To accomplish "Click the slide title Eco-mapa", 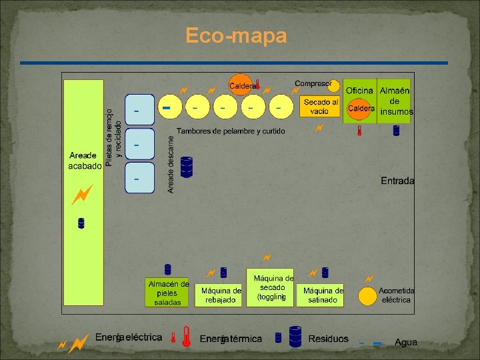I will [x=236, y=35].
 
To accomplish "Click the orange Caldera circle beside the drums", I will [x=240, y=85].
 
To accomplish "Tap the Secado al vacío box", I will [x=320, y=107].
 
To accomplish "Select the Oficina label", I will [x=359, y=90].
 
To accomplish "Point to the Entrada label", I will [x=397, y=181].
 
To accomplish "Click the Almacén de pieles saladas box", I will [x=167, y=293].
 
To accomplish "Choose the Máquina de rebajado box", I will [x=221, y=295].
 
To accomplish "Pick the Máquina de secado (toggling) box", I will [x=272, y=288].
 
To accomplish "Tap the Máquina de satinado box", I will [x=323, y=295].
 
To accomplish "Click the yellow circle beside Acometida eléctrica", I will [x=367, y=295].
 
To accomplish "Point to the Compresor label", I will [x=313, y=83].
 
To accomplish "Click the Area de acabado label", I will [x=85, y=160].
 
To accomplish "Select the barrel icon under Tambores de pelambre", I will [x=187, y=167].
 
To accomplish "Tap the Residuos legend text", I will [x=328, y=339].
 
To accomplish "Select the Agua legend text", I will [x=406, y=342].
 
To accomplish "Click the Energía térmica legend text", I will [x=231, y=339].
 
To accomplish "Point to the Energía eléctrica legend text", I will [x=128, y=337].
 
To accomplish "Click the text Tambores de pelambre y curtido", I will [x=230, y=131].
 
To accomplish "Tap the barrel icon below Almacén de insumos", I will [x=396, y=130].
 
